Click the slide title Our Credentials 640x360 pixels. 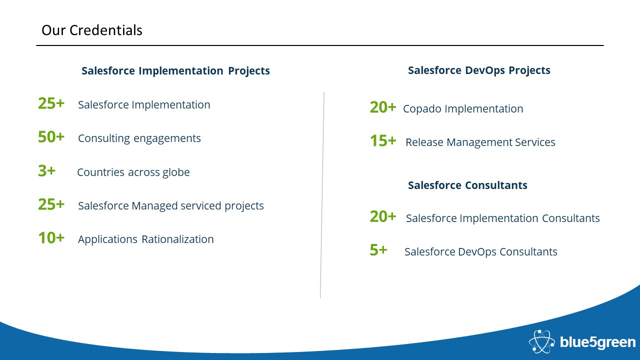click(91, 30)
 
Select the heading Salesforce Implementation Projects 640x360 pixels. click(175, 71)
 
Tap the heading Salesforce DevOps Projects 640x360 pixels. click(479, 70)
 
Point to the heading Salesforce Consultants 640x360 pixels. click(467, 185)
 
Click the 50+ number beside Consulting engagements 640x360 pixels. click(51, 137)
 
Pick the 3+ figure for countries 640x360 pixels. click(47, 171)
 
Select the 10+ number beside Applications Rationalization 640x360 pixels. click(51, 237)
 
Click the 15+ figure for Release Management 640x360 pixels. click(383, 140)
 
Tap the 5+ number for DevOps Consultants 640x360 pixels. click(378, 250)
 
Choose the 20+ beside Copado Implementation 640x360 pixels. click(383, 107)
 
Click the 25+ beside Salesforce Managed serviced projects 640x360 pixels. click(51, 204)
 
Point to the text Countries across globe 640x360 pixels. click(133, 172)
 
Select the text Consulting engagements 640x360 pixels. click(139, 138)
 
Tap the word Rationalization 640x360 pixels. click(177, 239)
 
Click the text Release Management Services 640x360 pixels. click(480, 142)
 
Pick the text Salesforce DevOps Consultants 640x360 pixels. click(481, 251)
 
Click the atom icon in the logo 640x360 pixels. click(541, 341)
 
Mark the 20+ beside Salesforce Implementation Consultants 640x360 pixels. click(383, 216)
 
